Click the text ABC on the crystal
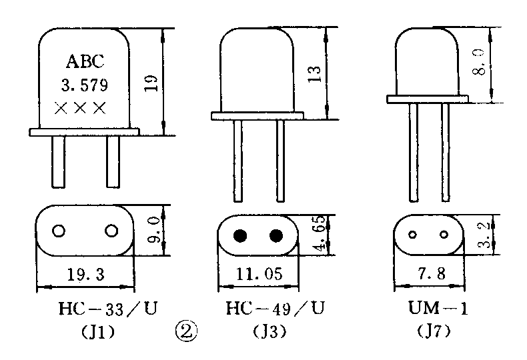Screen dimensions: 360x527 coord(85,62)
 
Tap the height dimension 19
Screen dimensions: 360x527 coord(152,83)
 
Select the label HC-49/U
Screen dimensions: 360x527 coord(276,308)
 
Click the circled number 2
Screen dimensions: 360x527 coord(185,329)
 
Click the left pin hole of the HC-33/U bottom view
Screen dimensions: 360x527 coord(59,231)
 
